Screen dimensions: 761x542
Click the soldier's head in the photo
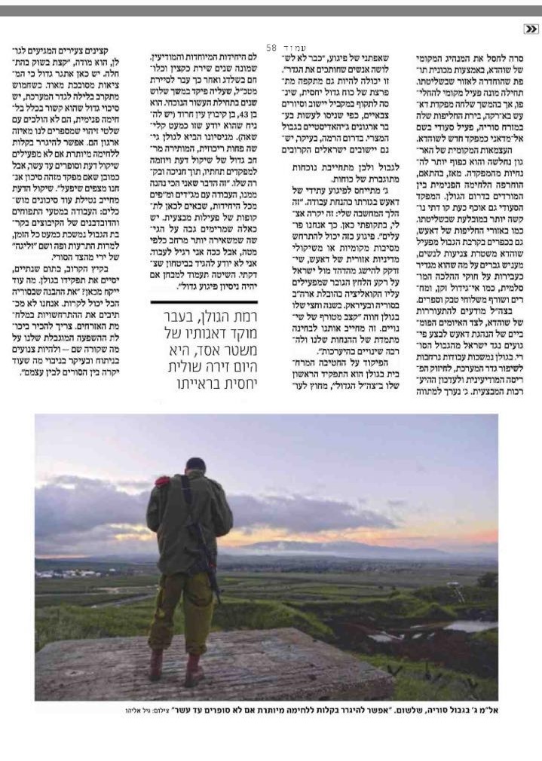[x=195, y=468]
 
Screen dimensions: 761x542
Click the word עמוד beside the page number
[x=291, y=47]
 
